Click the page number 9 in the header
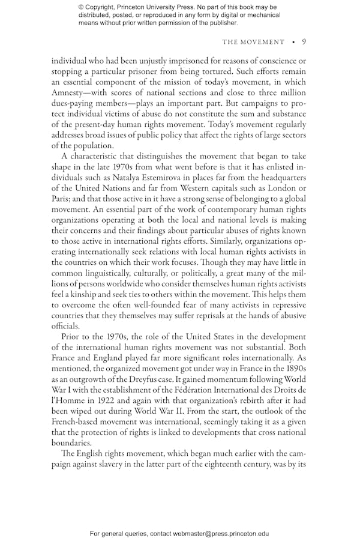click(x=304, y=42)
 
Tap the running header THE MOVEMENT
click(x=253, y=42)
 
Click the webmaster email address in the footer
click(x=220, y=533)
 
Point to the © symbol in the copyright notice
click(x=82, y=7)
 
